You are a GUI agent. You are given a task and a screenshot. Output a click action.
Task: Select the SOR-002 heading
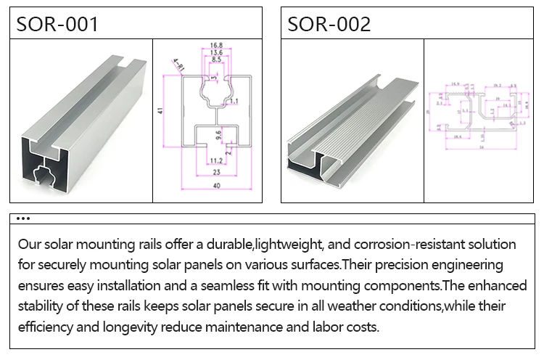pos(329,24)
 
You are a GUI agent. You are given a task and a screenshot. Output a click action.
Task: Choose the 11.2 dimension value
pos(215,160)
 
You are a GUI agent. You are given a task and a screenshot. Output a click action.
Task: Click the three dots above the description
pos(22,218)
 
